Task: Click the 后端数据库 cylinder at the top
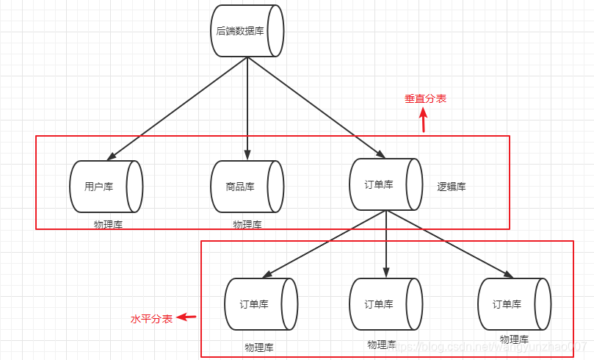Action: [247, 31]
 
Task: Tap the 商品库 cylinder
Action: [247, 187]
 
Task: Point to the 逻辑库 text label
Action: [452, 187]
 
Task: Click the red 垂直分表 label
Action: [425, 98]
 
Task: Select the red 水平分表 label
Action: [151, 319]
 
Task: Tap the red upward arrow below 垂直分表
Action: [423, 120]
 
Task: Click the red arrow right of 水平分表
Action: [188, 317]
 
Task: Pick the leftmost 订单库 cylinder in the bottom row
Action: [260, 303]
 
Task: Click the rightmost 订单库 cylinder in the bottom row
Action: [514, 303]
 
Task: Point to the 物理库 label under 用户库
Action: [108, 224]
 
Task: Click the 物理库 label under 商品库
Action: [247, 224]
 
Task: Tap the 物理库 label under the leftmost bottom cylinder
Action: [258, 347]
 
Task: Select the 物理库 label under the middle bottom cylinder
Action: [382, 344]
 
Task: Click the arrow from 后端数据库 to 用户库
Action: [176, 109]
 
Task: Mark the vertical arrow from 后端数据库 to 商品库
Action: [247, 110]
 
